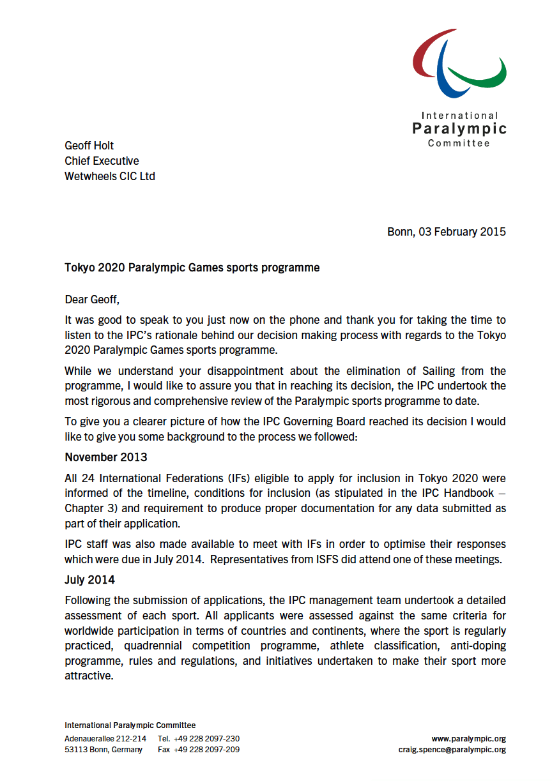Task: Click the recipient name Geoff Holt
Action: (x=89, y=146)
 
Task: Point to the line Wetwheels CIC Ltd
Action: (x=109, y=176)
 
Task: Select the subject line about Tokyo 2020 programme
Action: (x=192, y=268)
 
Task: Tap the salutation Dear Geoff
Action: (x=92, y=299)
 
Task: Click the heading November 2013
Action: (x=105, y=457)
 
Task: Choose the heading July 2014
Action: (x=89, y=580)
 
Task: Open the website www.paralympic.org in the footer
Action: (x=468, y=739)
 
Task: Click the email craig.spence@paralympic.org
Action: (x=452, y=750)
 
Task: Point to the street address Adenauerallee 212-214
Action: (x=105, y=739)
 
